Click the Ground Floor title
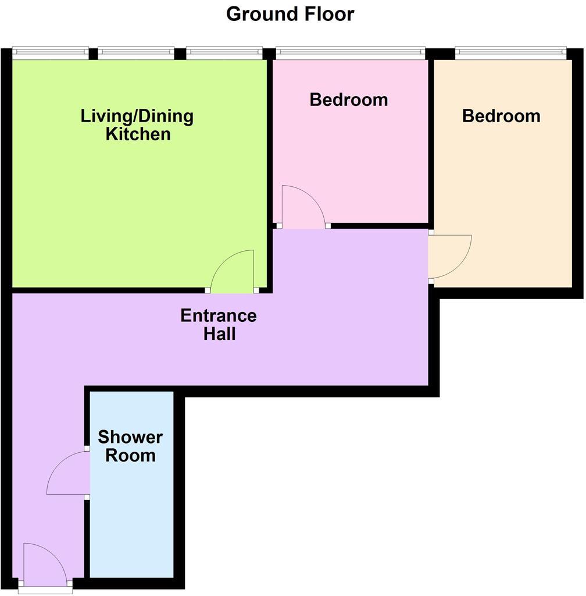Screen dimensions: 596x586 [x=290, y=13]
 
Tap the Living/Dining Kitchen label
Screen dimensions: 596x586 [x=137, y=125]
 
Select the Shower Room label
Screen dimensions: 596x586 [x=130, y=446]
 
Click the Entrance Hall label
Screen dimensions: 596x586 [x=219, y=325]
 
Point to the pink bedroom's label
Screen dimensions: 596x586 [x=348, y=100]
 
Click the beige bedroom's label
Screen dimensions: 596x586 [x=501, y=116]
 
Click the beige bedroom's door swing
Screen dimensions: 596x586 [x=449, y=256]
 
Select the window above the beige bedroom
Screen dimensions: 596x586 [x=510, y=52]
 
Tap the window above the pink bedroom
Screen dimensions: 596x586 [x=350, y=52]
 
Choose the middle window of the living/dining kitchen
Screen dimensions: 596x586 [x=136, y=52]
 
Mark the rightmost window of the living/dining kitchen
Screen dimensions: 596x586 [x=224, y=52]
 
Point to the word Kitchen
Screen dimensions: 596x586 [x=138, y=134]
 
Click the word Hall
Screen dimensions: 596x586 [x=219, y=334]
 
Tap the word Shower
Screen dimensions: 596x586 [x=130, y=437]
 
